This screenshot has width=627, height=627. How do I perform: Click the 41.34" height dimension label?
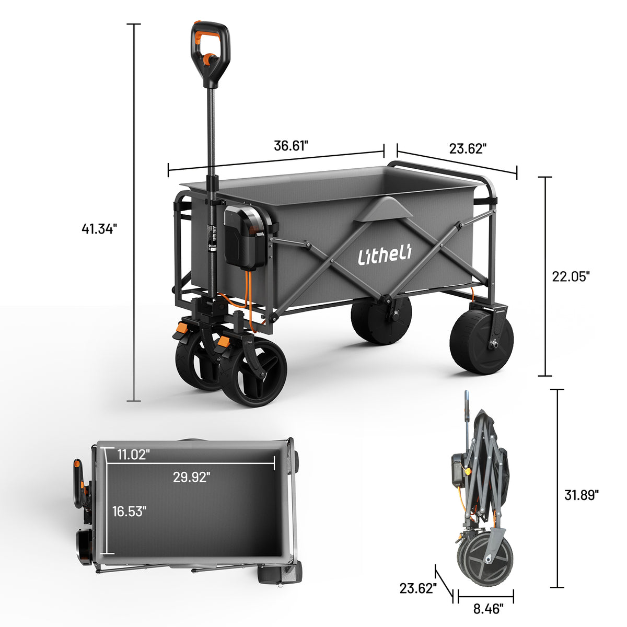pyautogui.click(x=99, y=228)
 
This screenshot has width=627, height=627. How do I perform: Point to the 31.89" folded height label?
pyautogui.click(x=581, y=495)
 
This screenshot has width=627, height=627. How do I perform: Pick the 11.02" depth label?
pyautogui.click(x=134, y=454)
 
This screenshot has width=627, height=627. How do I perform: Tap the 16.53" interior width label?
pyautogui.click(x=129, y=511)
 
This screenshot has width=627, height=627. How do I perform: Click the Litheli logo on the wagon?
pyautogui.click(x=385, y=256)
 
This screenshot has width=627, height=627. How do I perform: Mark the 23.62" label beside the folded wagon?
pyautogui.click(x=417, y=588)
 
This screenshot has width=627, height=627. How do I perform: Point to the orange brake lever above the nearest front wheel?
pyautogui.click(x=224, y=343)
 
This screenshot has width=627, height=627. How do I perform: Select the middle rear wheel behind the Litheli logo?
pyautogui.click(x=380, y=320)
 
